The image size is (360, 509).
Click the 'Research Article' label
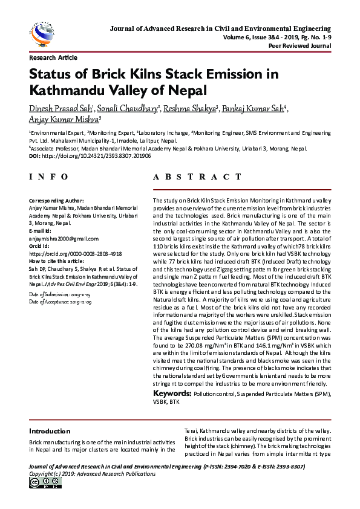53,58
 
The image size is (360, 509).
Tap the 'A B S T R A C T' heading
197,177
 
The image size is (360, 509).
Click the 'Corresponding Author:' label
57,200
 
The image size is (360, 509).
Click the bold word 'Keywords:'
172,394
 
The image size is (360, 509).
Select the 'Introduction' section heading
50,432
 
